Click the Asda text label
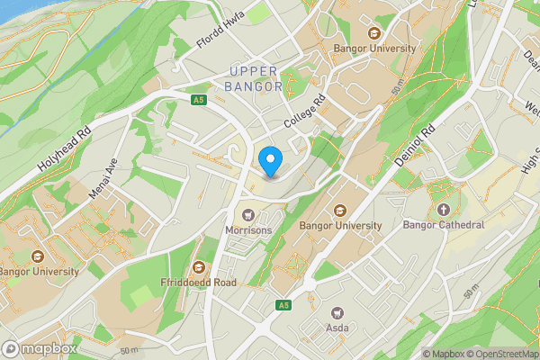point(338,328)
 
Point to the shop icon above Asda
point(338,313)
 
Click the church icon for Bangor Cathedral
point(443,210)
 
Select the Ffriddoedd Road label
point(199,282)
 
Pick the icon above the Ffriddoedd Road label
point(199,266)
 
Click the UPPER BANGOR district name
point(256,79)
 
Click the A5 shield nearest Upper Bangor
point(199,99)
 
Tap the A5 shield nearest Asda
point(283,306)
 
